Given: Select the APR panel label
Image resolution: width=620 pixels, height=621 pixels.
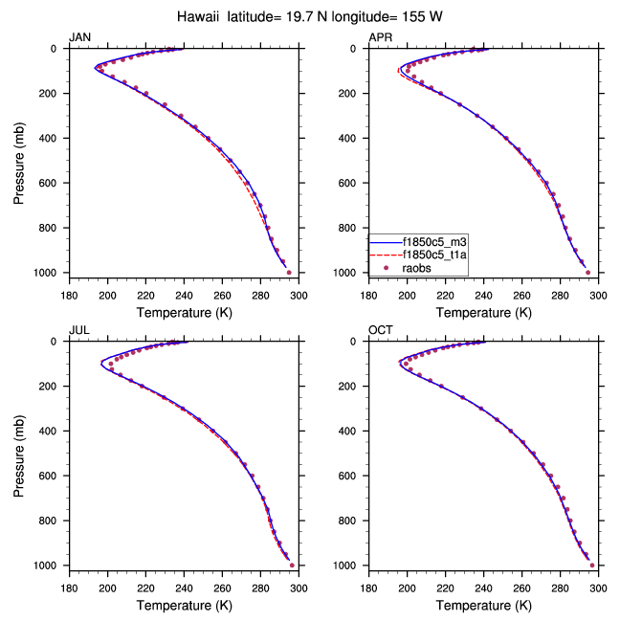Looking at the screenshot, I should coord(380,37).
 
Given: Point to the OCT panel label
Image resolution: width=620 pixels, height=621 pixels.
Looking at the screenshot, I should coord(380,330).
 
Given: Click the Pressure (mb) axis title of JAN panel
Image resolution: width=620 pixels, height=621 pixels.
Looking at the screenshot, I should coord(19,161).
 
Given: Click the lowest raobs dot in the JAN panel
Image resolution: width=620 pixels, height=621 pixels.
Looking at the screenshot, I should coord(289,273).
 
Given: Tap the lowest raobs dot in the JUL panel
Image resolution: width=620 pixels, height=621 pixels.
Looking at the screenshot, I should coord(291,566).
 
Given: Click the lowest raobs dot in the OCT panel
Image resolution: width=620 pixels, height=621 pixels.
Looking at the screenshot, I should coord(592,566).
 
